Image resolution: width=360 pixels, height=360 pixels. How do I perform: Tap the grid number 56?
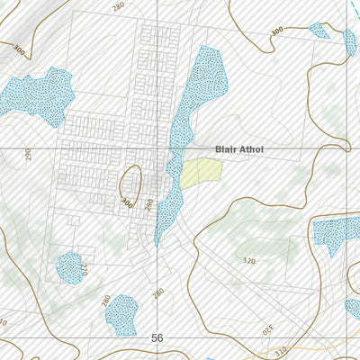pos(157,337)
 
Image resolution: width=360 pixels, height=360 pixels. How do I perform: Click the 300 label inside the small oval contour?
pos(126,203)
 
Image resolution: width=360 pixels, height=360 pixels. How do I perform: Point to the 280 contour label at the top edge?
pos(118,6)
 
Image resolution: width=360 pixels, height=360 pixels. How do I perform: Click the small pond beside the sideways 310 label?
pos(69,266)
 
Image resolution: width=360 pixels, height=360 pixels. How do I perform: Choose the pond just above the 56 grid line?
pos(121,314)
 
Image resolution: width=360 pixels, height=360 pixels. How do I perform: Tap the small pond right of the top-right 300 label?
pos(319,31)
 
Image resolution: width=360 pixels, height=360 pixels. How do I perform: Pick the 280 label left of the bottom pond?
pos(105,300)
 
